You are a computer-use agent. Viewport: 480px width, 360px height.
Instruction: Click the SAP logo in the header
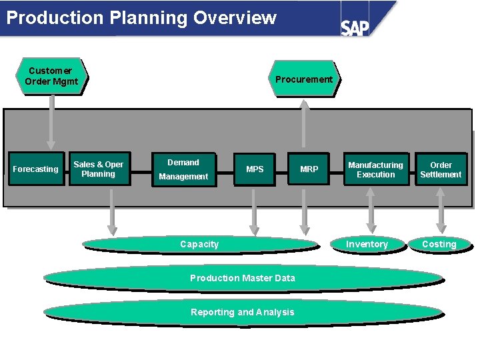pos(355,27)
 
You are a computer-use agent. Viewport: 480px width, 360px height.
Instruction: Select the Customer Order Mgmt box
pos(51,76)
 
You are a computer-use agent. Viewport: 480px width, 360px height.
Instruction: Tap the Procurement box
pos(304,79)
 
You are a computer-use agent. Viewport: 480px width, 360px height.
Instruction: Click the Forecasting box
pos(35,169)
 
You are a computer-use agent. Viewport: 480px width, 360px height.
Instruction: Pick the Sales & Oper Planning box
pos(99,169)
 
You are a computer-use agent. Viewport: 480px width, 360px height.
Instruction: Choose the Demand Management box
pos(183,169)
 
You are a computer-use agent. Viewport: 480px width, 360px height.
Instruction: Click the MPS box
pos(255,169)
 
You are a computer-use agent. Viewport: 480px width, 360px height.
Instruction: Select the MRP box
pos(309,169)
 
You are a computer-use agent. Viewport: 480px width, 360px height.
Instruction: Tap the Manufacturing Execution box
pos(375,169)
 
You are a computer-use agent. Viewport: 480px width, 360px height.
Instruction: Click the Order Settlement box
pos(441,169)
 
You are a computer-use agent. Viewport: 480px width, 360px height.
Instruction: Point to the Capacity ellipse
pos(199,245)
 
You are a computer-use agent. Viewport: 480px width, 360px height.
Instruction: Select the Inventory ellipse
pos(367,245)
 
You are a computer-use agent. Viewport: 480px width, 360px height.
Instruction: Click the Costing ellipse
pos(439,245)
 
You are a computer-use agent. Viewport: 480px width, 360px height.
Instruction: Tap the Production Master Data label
pos(243,278)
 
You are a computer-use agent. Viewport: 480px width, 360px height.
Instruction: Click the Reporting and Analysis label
pos(243,312)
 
